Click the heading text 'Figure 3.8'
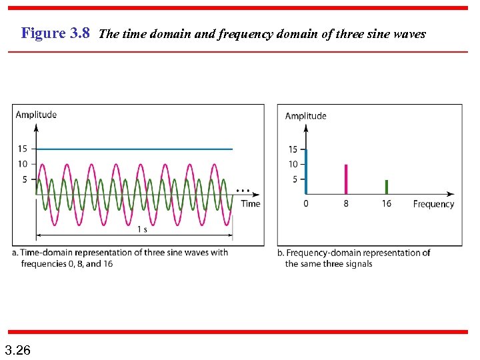pyautogui.click(x=55, y=33)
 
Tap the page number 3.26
pyautogui.click(x=17, y=350)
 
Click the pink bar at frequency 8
pyautogui.click(x=346, y=179)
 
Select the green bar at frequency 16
pyautogui.click(x=387, y=187)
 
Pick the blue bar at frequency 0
pyautogui.click(x=306, y=172)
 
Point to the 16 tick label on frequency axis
pyautogui.click(x=387, y=204)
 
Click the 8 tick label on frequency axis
pyautogui.click(x=346, y=204)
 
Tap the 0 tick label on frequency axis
pyautogui.click(x=306, y=204)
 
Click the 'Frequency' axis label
pyautogui.click(x=433, y=204)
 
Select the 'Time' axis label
pyautogui.click(x=251, y=203)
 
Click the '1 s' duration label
pyautogui.click(x=142, y=229)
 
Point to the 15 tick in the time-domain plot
pyautogui.click(x=23, y=149)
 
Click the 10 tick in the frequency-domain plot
pyautogui.click(x=293, y=164)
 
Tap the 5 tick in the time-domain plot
pyautogui.click(x=25, y=179)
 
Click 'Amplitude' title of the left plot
pyautogui.click(x=36, y=115)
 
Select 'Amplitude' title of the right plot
pyautogui.click(x=306, y=116)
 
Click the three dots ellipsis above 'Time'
pyautogui.click(x=243, y=190)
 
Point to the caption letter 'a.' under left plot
pyautogui.click(x=15, y=253)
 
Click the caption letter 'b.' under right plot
pyautogui.click(x=281, y=253)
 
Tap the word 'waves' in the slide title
pyautogui.click(x=408, y=34)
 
